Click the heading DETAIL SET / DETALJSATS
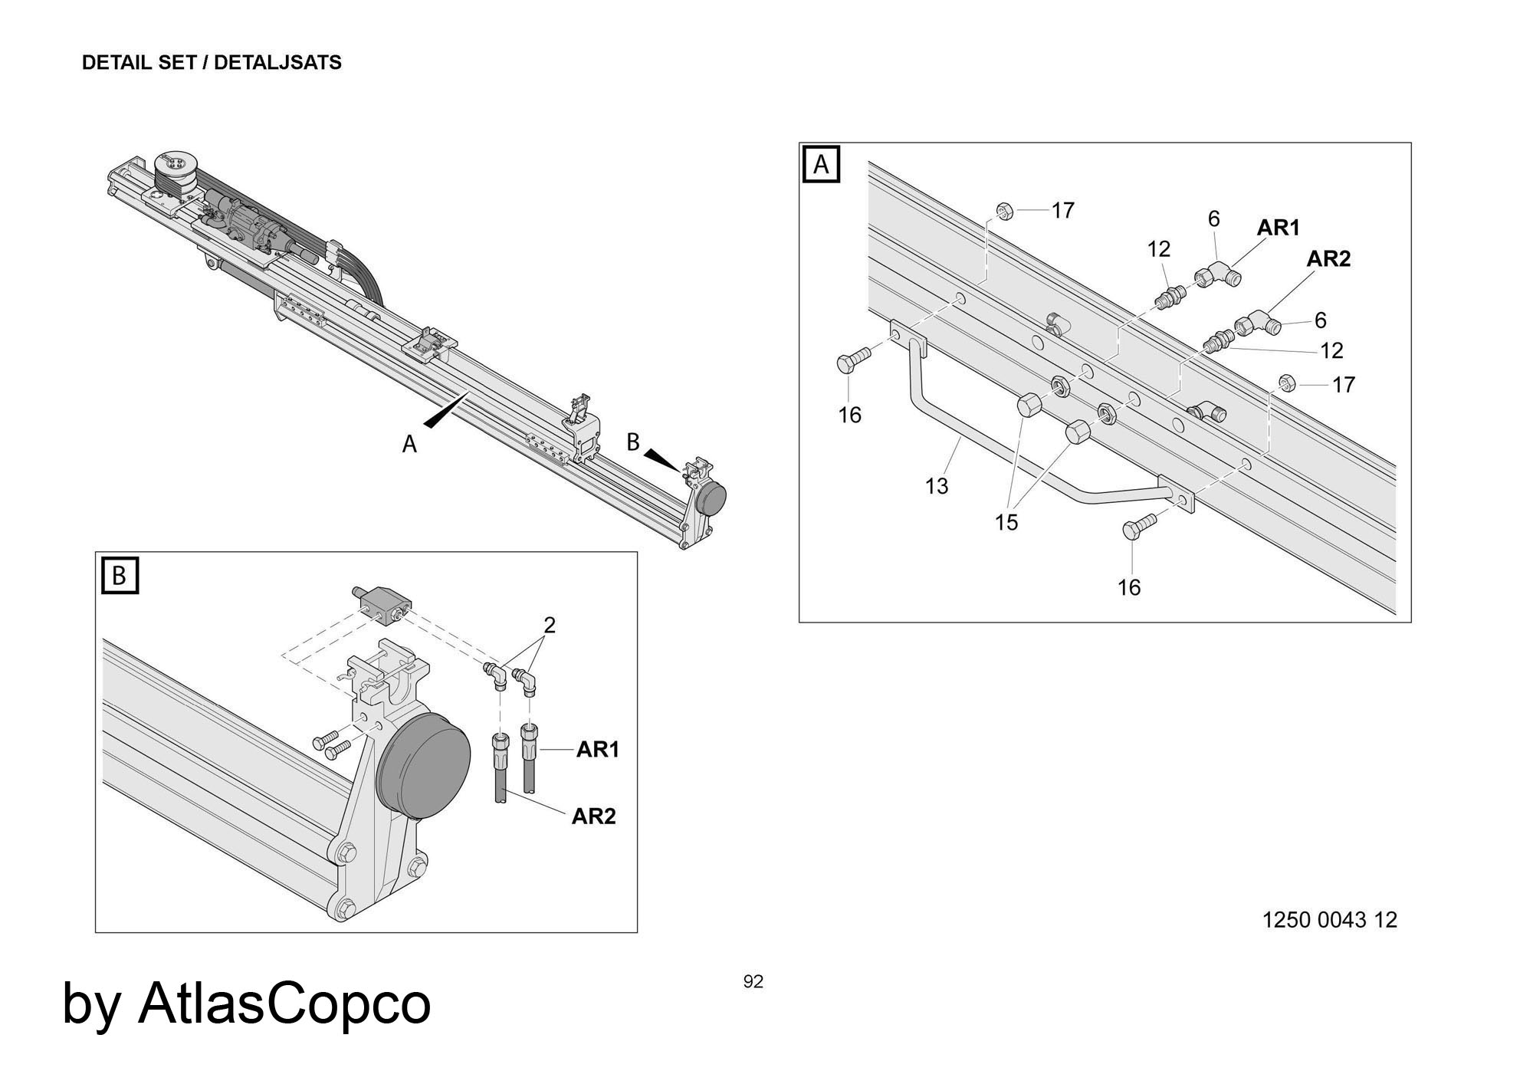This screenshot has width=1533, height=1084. coord(212,63)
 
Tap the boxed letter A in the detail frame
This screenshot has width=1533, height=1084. coord(821,165)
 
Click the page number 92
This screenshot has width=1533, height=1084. coord(753,982)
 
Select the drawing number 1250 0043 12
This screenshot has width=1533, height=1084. coord(1329,920)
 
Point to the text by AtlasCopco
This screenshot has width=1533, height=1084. coord(246,1003)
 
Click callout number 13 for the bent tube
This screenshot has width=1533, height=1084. coord(937,486)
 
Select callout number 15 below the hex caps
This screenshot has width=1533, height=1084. coord(1006,522)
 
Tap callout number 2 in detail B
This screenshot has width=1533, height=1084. coord(549,626)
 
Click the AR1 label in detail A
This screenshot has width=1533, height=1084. coord(1279,228)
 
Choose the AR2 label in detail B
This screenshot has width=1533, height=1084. coord(593,816)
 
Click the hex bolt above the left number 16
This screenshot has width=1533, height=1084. coord(852,362)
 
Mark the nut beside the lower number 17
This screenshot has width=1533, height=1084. coord(1288,382)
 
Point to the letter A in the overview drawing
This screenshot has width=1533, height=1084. coord(409,444)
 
